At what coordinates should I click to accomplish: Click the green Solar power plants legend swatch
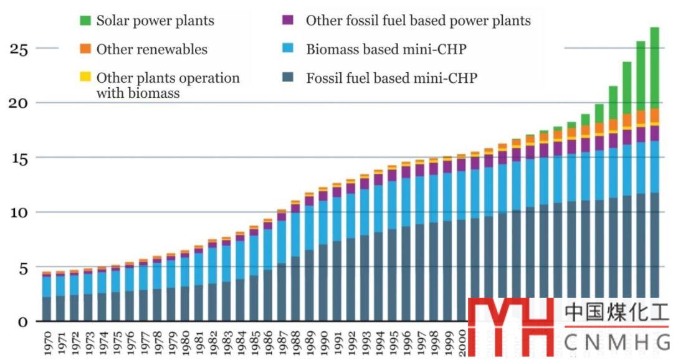(85, 21)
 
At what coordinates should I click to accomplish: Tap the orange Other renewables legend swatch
(85, 49)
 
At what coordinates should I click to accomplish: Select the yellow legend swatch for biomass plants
(85, 77)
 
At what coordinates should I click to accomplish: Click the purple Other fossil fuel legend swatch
(287, 21)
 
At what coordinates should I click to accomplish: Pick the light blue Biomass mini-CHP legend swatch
(287, 49)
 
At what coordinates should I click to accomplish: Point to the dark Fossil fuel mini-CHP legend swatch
(287, 78)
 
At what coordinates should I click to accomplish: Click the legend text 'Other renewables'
(152, 49)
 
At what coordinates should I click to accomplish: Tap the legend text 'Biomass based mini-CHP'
(386, 49)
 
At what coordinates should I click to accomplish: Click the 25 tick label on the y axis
(19, 49)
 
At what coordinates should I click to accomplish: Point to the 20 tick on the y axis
(19, 103)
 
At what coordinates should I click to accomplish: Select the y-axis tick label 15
(19, 158)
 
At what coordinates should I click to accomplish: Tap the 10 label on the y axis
(19, 213)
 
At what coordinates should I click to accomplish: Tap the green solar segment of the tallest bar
(654, 69)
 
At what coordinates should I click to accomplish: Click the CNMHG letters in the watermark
(616, 342)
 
